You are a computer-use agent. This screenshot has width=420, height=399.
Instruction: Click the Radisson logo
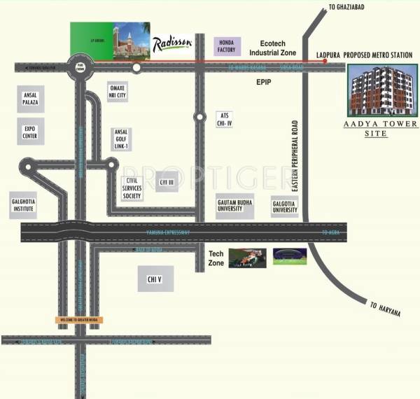tap(172, 44)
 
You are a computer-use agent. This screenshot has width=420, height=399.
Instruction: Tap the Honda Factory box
tap(226, 47)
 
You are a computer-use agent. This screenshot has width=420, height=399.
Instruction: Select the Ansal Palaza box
tap(31, 99)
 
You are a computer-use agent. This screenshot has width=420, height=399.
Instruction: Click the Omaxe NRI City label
tap(117, 91)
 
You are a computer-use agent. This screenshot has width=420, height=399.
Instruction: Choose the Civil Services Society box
tap(132, 188)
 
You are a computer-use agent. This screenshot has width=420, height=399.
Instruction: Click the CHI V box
tap(155, 279)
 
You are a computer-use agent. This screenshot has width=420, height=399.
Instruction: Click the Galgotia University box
tap(285, 205)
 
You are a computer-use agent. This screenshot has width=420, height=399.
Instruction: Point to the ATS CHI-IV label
tap(224, 118)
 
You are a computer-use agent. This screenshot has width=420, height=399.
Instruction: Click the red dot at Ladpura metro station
tap(325, 62)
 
